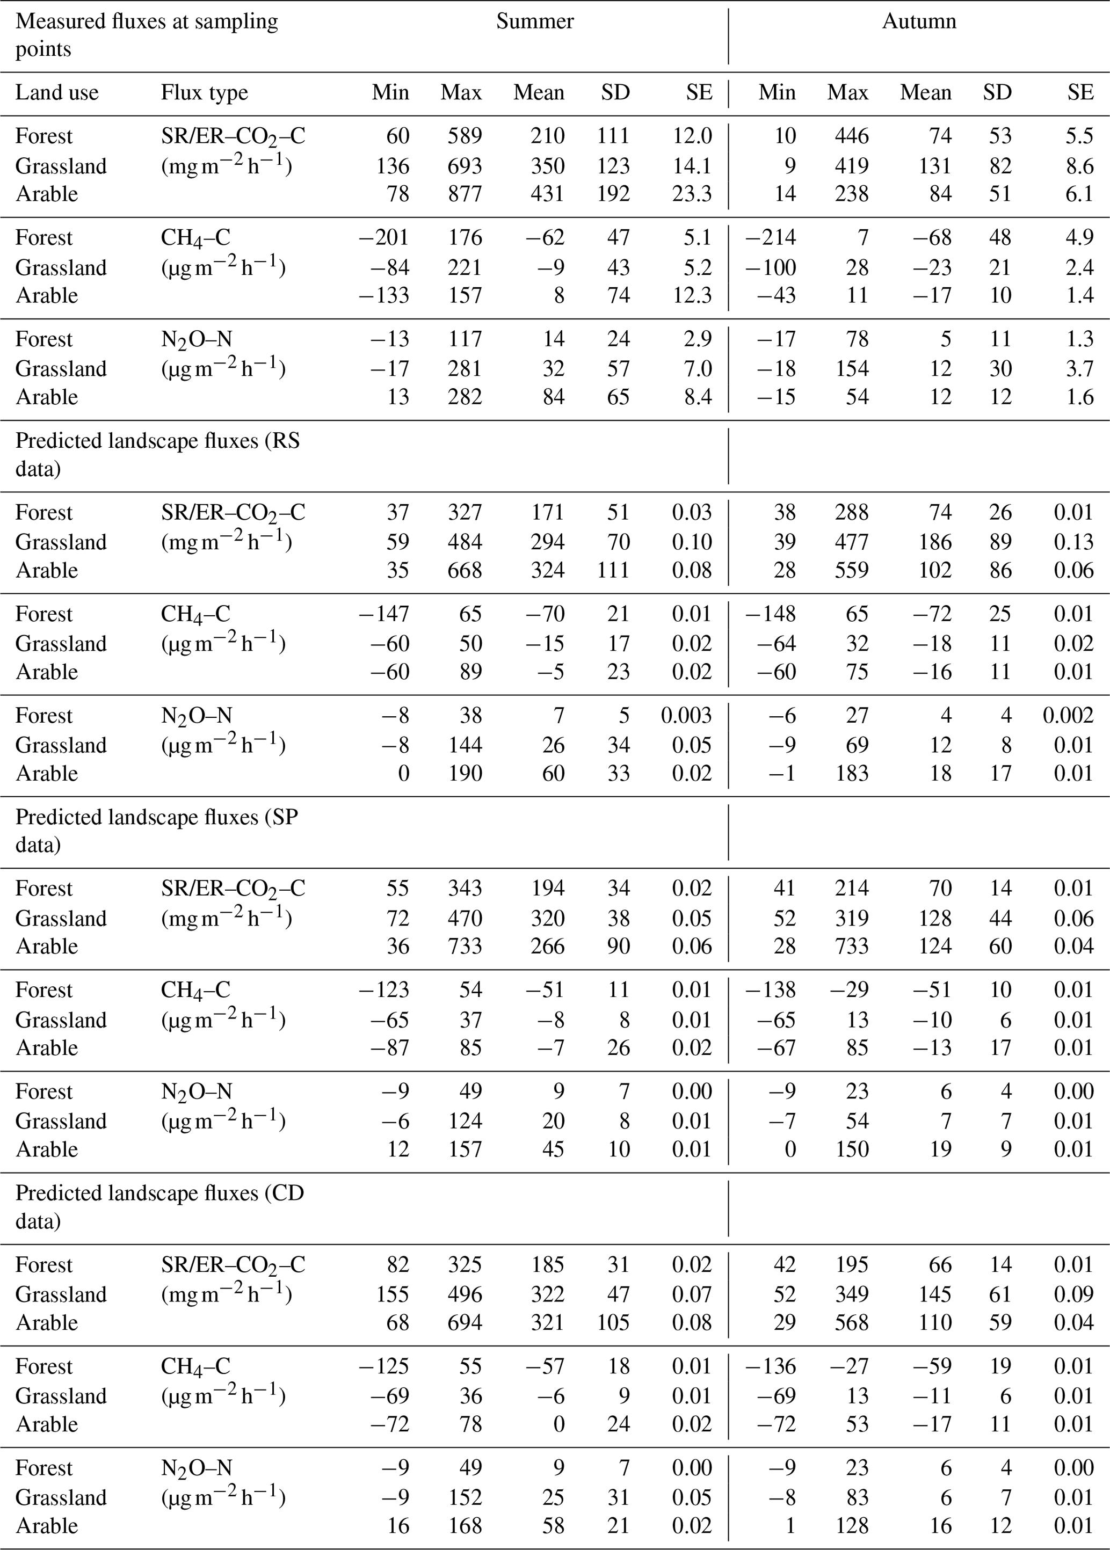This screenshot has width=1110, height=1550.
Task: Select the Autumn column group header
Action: point(919,22)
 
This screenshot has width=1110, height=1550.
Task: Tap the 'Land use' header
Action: point(57,93)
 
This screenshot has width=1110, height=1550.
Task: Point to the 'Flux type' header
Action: point(205,93)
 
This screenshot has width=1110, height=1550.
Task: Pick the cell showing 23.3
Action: point(692,194)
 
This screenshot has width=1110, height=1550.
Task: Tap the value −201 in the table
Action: point(383,238)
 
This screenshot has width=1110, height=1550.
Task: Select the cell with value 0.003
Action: point(686,716)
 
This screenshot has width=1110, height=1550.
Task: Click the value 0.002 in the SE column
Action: point(1068,716)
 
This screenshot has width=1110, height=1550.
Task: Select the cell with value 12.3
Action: point(692,295)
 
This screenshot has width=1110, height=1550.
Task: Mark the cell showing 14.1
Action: point(692,166)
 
